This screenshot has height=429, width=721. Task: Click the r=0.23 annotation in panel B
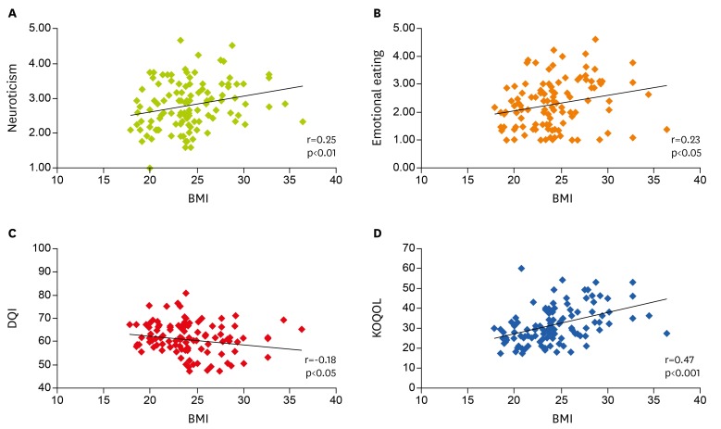(680, 136)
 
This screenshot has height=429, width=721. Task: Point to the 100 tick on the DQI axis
(40, 248)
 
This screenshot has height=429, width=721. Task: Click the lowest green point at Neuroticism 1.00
(150, 168)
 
